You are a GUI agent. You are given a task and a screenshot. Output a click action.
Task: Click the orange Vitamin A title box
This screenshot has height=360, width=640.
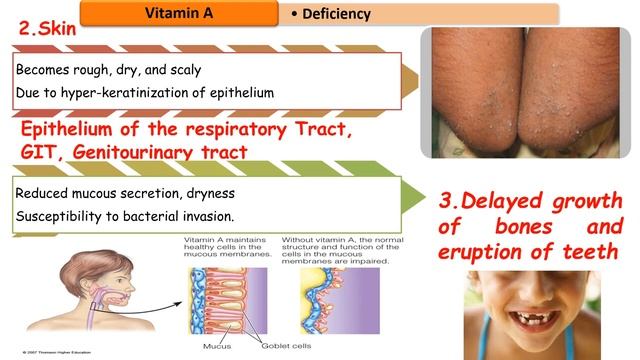coord(177,13)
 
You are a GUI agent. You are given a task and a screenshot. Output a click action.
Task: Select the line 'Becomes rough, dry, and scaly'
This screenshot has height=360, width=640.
coord(109,71)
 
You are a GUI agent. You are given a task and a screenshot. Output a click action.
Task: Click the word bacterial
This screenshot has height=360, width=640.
coord(157,215)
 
